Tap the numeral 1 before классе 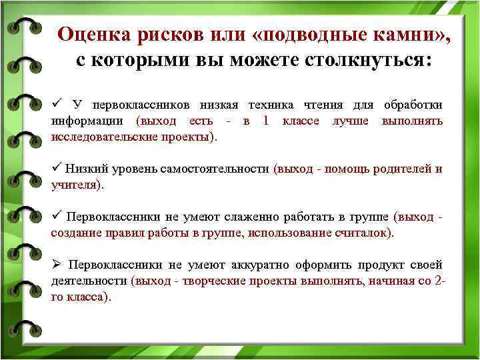tap(267, 121)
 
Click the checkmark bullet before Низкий tap(57, 168)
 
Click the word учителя tap(75, 185)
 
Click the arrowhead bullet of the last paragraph tap(56, 265)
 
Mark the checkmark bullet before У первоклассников tap(57, 105)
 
